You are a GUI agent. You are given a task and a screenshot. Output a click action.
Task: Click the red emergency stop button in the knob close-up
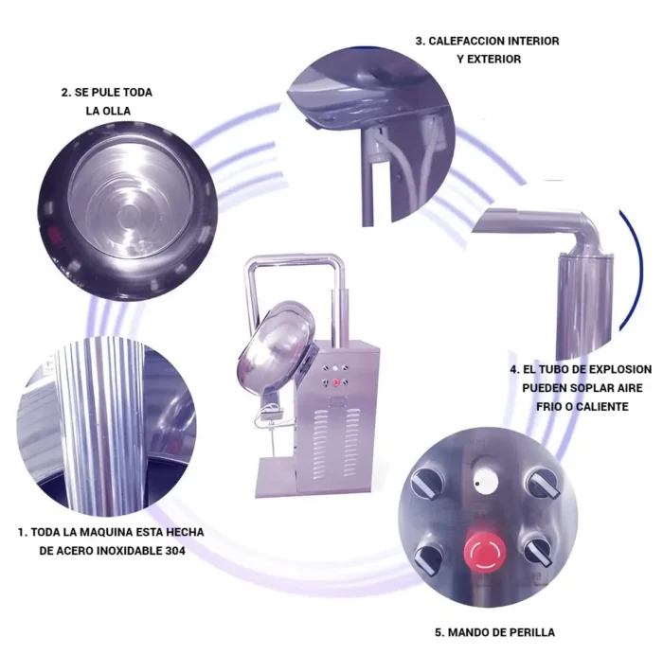click(x=485, y=551)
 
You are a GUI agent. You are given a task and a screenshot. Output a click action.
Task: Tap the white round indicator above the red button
click(x=485, y=481)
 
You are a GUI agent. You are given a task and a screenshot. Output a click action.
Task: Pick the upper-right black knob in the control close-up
click(x=544, y=484)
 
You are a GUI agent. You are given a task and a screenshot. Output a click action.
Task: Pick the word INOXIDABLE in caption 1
click(x=129, y=551)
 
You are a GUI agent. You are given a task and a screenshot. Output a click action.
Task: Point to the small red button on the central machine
click(x=336, y=382)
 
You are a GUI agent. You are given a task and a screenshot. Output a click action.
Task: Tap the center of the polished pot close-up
click(x=129, y=211)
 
